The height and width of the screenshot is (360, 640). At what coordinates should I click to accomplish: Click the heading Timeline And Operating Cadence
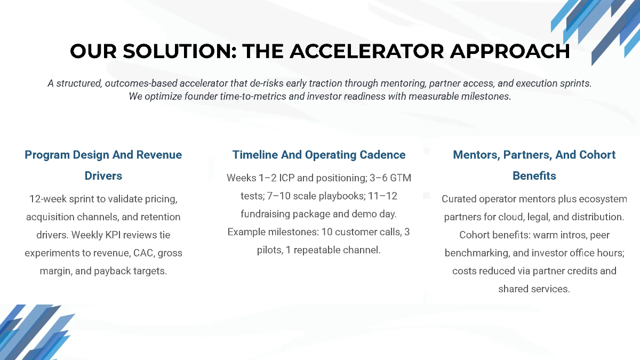319,155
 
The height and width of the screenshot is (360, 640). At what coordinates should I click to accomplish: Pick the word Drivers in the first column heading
103,175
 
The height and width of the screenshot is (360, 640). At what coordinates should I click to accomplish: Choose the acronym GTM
400,178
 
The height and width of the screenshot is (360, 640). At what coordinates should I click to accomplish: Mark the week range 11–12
382,196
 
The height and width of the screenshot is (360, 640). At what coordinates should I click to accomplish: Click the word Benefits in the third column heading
534,175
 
